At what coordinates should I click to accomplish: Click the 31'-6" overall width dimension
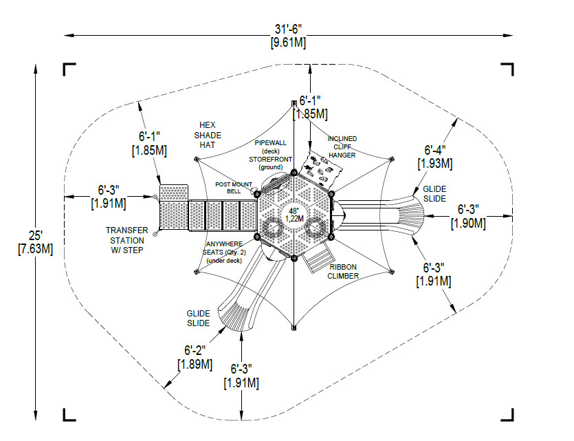tap(288, 36)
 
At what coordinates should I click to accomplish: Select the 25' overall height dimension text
tap(36, 242)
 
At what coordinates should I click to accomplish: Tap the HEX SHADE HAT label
tap(208, 135)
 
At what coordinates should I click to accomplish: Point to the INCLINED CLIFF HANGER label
tap(342, 147)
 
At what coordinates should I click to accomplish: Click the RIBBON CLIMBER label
tap(343, 272)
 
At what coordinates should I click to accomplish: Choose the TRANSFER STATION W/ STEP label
tap(126, 240)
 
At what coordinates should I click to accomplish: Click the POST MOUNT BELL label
tap(234, 188)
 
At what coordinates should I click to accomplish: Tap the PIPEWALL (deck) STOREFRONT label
tap(271, 151)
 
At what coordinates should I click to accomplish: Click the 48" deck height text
tap(294, 211)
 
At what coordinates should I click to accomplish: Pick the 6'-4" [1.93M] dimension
tap(435, 157)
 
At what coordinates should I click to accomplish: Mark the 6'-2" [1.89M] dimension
tap(195, 358)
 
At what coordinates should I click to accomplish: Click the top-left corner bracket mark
tap(69, 69)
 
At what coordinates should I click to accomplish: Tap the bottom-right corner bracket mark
tap(507, 415)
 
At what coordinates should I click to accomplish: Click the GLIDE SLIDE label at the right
tap(434, 194)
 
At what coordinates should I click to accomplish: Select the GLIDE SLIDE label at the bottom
tap(199, 319)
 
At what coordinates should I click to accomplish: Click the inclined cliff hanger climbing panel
tap(321, 168)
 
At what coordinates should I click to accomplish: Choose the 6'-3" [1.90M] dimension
tap(469, 216)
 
